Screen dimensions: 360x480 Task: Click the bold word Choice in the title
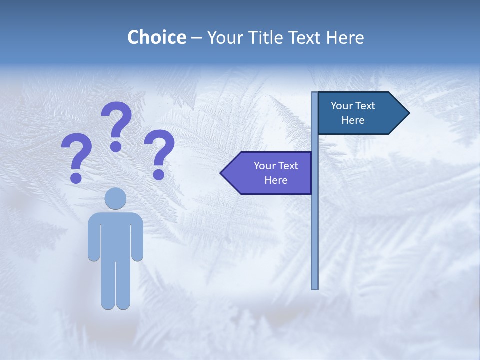[156, 37]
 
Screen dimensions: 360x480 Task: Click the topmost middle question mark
[116, 125]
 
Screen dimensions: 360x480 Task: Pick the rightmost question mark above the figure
[159, 153]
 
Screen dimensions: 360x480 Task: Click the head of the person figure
[115, 198]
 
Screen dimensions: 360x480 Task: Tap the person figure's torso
[115, 235]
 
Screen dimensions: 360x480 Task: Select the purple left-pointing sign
[270, 173]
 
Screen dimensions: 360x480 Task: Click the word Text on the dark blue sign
[365, 106]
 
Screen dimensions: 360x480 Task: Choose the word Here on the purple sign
[276, 180]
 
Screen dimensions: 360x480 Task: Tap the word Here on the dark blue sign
[353, 120]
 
